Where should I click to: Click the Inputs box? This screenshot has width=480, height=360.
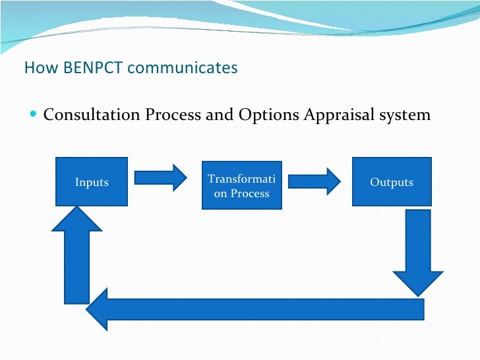92,181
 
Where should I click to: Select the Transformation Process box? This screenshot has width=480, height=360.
241,185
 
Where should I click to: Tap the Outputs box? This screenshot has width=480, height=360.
392,181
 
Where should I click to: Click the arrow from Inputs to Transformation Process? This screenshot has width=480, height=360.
161,177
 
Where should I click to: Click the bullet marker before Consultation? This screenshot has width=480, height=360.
34,115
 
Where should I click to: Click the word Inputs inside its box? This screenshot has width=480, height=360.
92,182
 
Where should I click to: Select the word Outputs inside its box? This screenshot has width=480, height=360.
392,182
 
